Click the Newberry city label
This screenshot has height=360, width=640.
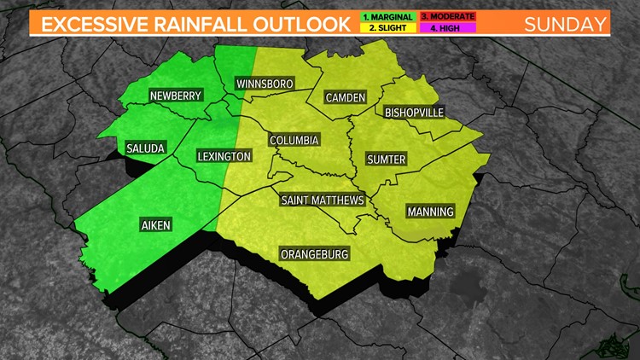177,96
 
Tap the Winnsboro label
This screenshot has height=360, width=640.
265,84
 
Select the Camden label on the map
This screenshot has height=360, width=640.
346,98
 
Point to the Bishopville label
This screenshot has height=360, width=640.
415,113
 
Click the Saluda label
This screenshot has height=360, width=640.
145,147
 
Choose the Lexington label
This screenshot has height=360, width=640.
224,156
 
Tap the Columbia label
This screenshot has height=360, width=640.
294,140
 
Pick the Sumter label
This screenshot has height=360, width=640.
386,160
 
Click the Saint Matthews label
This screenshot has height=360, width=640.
323,200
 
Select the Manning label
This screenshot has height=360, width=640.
430,212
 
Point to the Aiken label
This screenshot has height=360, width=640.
155,224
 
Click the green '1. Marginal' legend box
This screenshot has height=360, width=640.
387,16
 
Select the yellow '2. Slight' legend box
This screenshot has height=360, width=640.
387,28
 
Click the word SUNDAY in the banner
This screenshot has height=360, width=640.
564,23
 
